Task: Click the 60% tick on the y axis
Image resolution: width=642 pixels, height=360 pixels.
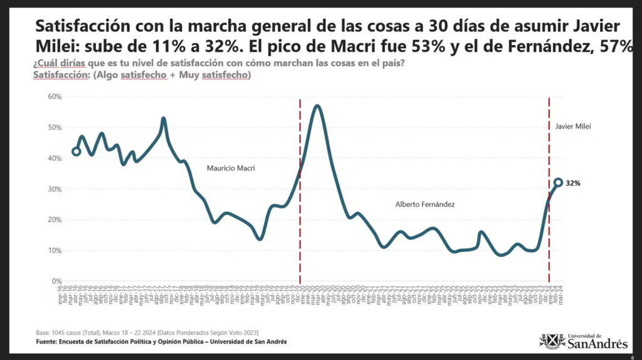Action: [x=54, y=97]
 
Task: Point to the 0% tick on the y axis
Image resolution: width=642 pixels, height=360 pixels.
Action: [x=56, y=282]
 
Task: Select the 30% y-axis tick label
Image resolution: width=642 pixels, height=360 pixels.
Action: [x=54, y=189]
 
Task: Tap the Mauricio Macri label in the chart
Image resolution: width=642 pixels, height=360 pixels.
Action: [x=231, y=168]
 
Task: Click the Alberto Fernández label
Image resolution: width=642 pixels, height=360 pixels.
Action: [x=424, y=204]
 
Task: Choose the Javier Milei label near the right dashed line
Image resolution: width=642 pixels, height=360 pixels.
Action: [x=573, y=126]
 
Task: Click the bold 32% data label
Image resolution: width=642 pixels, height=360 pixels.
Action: [x=573, y=184]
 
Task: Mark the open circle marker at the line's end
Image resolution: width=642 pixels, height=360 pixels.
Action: [x=558, y=183]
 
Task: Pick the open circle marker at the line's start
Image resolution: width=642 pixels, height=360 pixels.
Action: [x=76, y=151]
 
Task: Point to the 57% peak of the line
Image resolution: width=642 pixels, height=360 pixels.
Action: [x=318, y=106]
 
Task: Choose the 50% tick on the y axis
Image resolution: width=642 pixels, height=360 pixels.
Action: [x=54, y=127]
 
